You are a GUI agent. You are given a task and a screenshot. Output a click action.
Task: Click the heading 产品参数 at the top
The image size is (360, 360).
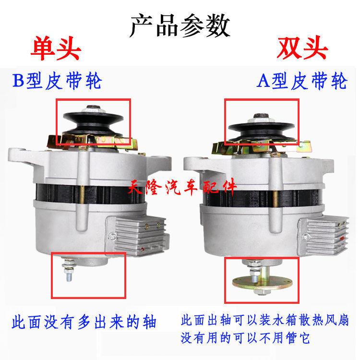pos(180,25)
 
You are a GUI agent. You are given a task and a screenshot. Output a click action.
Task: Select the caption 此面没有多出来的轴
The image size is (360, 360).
pos(84,321)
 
